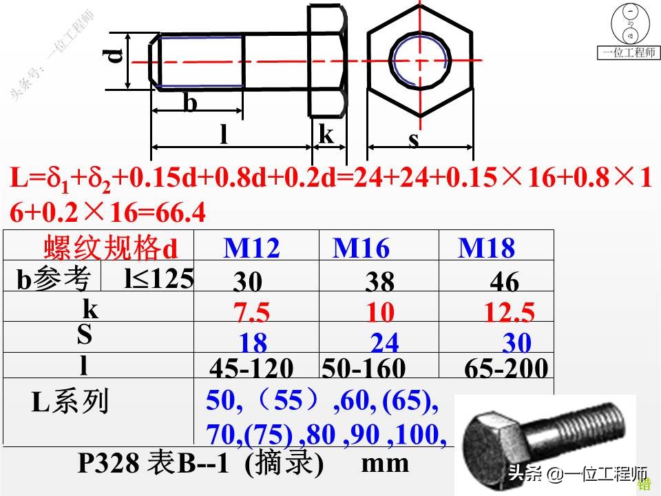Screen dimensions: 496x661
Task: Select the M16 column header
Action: pos(361,248)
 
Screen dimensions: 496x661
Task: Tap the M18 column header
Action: pos(486,248)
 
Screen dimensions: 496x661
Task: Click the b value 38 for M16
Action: pos(380,282)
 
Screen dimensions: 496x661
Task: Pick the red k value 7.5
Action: pos(251,313)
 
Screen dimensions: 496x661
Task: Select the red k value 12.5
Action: pos(509,313)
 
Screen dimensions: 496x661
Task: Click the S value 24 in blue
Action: pos(384,342)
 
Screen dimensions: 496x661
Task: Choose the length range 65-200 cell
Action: pos(506,369)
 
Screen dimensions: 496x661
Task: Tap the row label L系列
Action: pos(70,402)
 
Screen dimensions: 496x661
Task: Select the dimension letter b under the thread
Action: pos(190,103)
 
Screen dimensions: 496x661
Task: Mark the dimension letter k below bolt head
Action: pos(326,135)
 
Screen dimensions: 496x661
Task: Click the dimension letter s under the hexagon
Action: pos(414,140)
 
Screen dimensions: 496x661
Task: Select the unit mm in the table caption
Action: pos(386,462)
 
